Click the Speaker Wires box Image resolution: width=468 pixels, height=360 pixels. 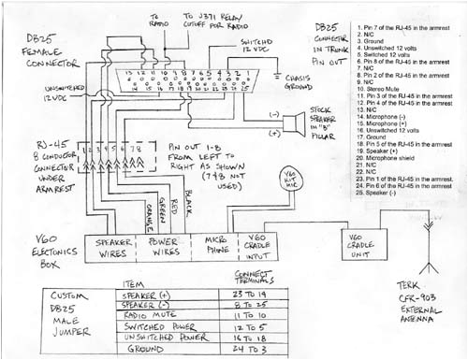(115, 249)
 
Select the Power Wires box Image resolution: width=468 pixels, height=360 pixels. (167, 249)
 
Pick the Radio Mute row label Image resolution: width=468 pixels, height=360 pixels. (150, 317)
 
